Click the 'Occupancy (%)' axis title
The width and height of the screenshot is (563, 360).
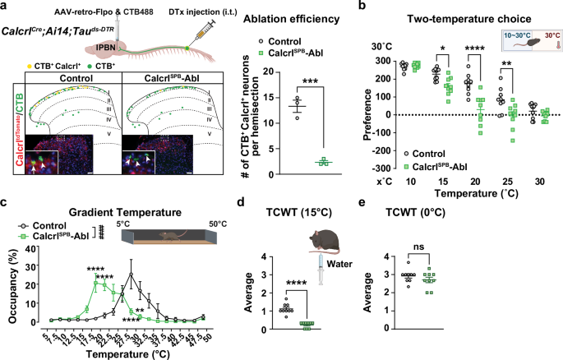pyautogui.click(x=11, y=282)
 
